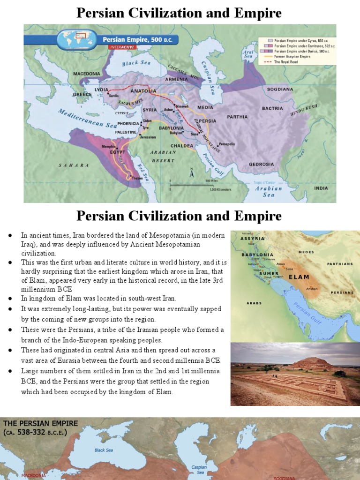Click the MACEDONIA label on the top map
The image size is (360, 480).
(x=87, y=74)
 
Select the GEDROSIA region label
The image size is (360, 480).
(x=261, y=164)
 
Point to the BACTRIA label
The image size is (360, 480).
(x=272, y=108)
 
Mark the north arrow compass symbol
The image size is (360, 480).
(x=191, y=173)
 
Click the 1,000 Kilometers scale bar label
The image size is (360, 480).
(x=218, y=189)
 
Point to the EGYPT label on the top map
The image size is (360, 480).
(x=118, y=152)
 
